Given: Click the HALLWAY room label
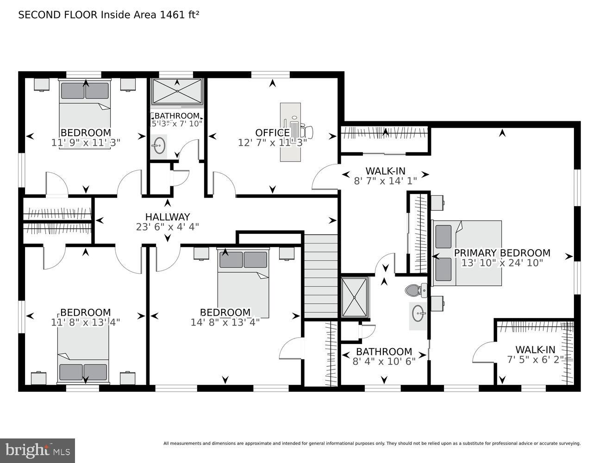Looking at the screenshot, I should [x=167, y=217].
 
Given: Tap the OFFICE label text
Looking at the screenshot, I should [x=272, y=133].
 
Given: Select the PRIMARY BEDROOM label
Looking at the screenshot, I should [x=502, y=253].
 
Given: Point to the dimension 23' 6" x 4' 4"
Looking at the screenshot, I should [x=167, y=227].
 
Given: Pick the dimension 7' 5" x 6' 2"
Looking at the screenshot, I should [x=535, y=360].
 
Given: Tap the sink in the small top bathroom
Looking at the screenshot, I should [x=159, y=145].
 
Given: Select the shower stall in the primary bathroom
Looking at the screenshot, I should [x=355, y=297].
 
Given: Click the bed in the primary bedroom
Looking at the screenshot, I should [x=468, y=253].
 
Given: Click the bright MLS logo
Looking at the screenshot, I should [x=37, y=450].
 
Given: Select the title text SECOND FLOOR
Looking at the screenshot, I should [x=58, y=15].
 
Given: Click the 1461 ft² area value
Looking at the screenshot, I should [x=179, y=15].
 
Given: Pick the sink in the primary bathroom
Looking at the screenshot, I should [x=419, y=314].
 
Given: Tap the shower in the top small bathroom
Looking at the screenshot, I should [x=177, y=91].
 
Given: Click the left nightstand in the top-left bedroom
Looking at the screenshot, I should [x=42, y=84].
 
